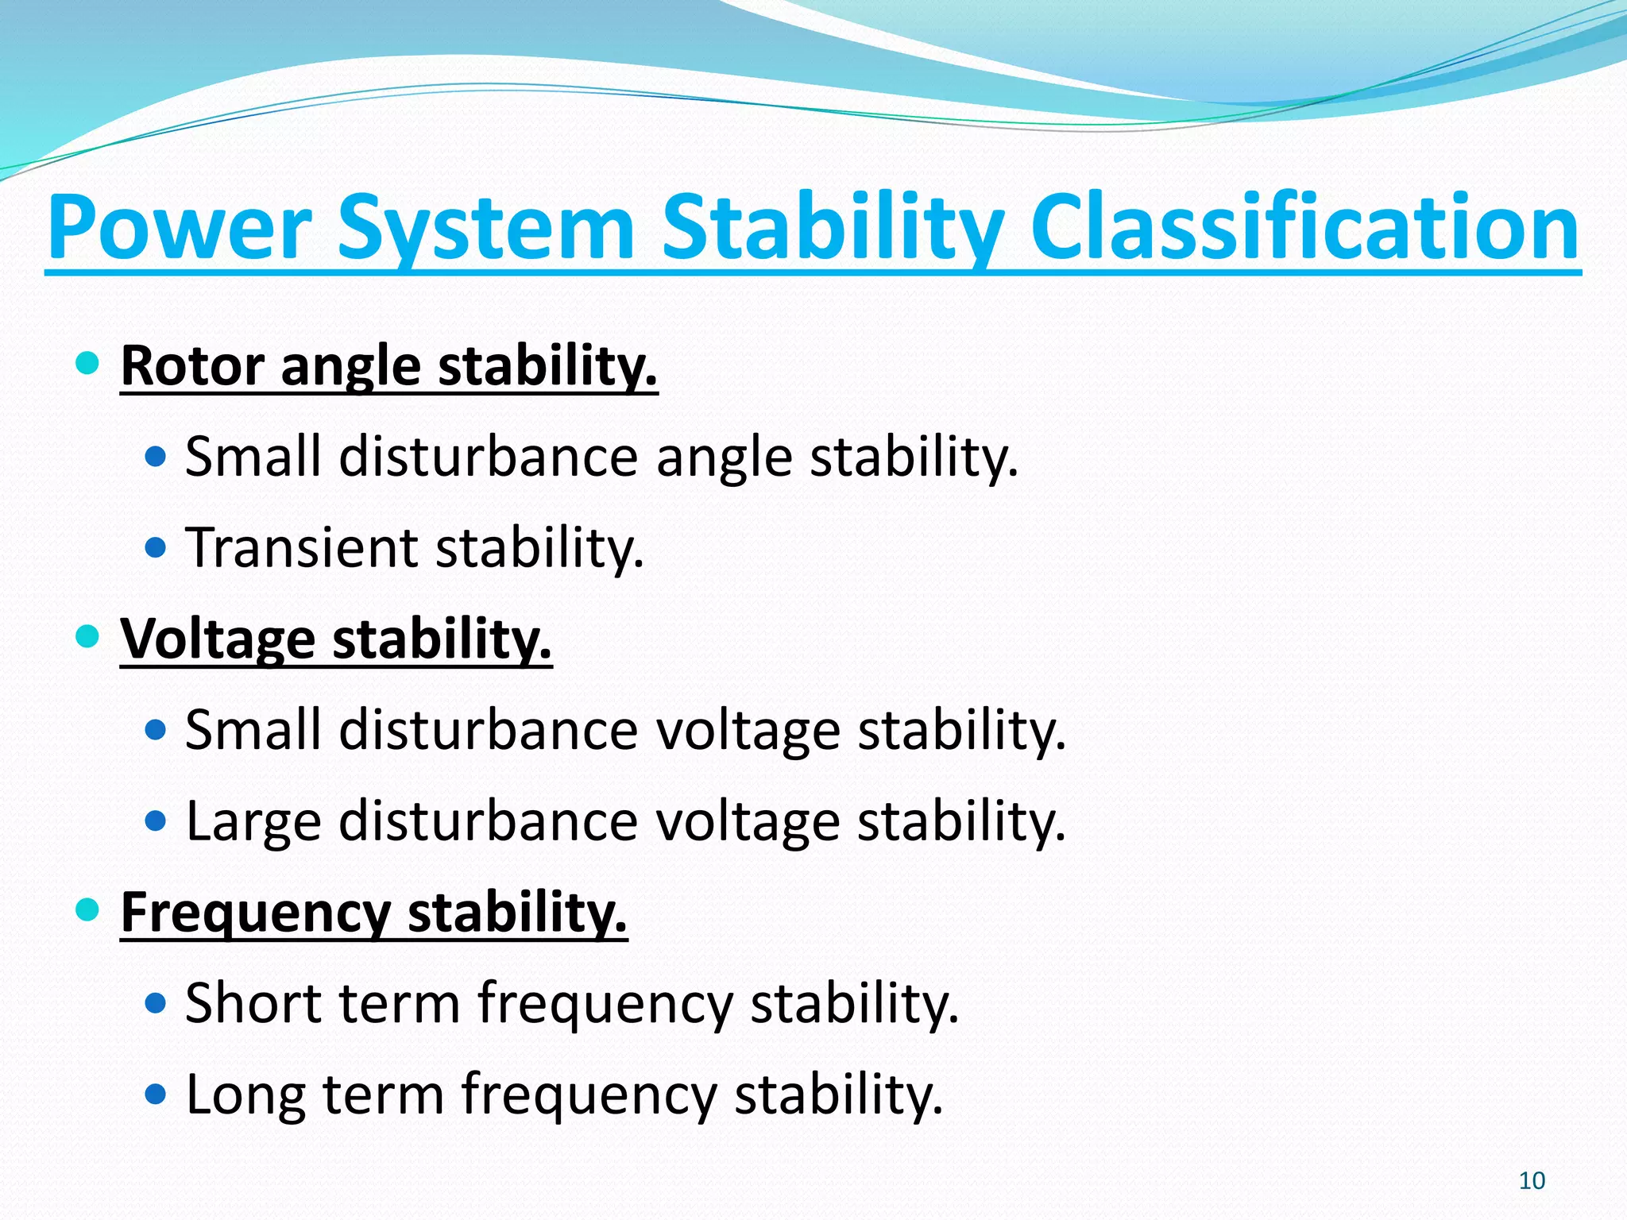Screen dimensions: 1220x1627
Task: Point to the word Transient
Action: pyautogui.click(x=301, y=547)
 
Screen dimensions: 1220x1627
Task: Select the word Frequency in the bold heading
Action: pyautogui.click(x=254, y=913)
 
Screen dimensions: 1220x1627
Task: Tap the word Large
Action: pyautogui.click(x=253, y=821)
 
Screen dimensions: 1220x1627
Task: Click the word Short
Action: pyautogui.click(x=253, y=1003)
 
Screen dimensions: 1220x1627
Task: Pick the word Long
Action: pyautogui.click(x=245, y=1095)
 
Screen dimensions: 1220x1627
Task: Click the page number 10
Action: pyautogui.click(x=1532, y=1181)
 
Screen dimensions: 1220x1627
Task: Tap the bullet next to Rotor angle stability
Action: pyautogui.click(x=87, y=364)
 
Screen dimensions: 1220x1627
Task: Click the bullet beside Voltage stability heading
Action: pyautogui.click(x=87, y=636)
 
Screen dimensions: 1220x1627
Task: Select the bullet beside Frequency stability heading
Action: pyautogui.click(x=87, y=909)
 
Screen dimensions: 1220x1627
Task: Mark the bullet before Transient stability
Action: pyautogui.click(x=157, y=547)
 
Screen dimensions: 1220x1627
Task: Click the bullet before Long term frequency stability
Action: pyautogui.click(x=157, y=1095)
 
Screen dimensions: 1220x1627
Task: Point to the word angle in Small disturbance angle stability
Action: pyautogui.click(x=724, y=458)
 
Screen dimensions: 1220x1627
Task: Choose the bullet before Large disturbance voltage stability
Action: pyautogui.click(x=157, y=820)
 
